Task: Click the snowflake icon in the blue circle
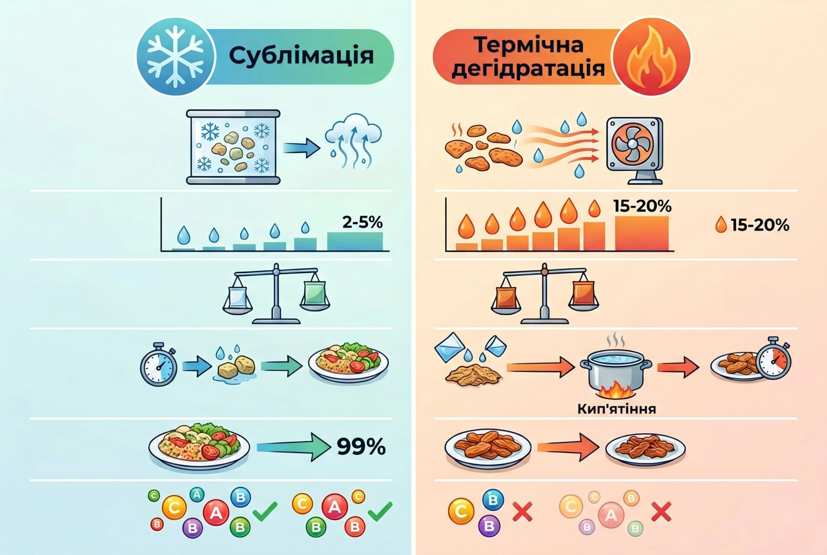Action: tap(176, 57)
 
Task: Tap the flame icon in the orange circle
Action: tap(652, 56)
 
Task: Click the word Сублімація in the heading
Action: tap(302, 56)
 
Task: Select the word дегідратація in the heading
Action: tap(528, 69)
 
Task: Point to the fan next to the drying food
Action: tap(635, 150)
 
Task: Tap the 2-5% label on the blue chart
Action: tap(362, 222)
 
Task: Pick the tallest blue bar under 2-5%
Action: tap(355, 241)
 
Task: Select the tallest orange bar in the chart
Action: tap(642, 233)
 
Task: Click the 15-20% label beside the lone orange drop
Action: tap(760, 225)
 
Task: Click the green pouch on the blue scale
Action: tap(314, 293)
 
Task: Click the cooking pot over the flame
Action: tap(616, 371)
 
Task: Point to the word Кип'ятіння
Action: tap(616, 409)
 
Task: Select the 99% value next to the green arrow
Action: tap(361, 447)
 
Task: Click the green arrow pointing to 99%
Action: tap(294, 447)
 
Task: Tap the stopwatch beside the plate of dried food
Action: tap(774, 358)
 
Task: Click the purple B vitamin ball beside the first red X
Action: tap(489, 525)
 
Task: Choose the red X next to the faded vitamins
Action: tap(661, 511)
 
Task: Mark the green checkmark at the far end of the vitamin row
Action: tap(380, 511)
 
